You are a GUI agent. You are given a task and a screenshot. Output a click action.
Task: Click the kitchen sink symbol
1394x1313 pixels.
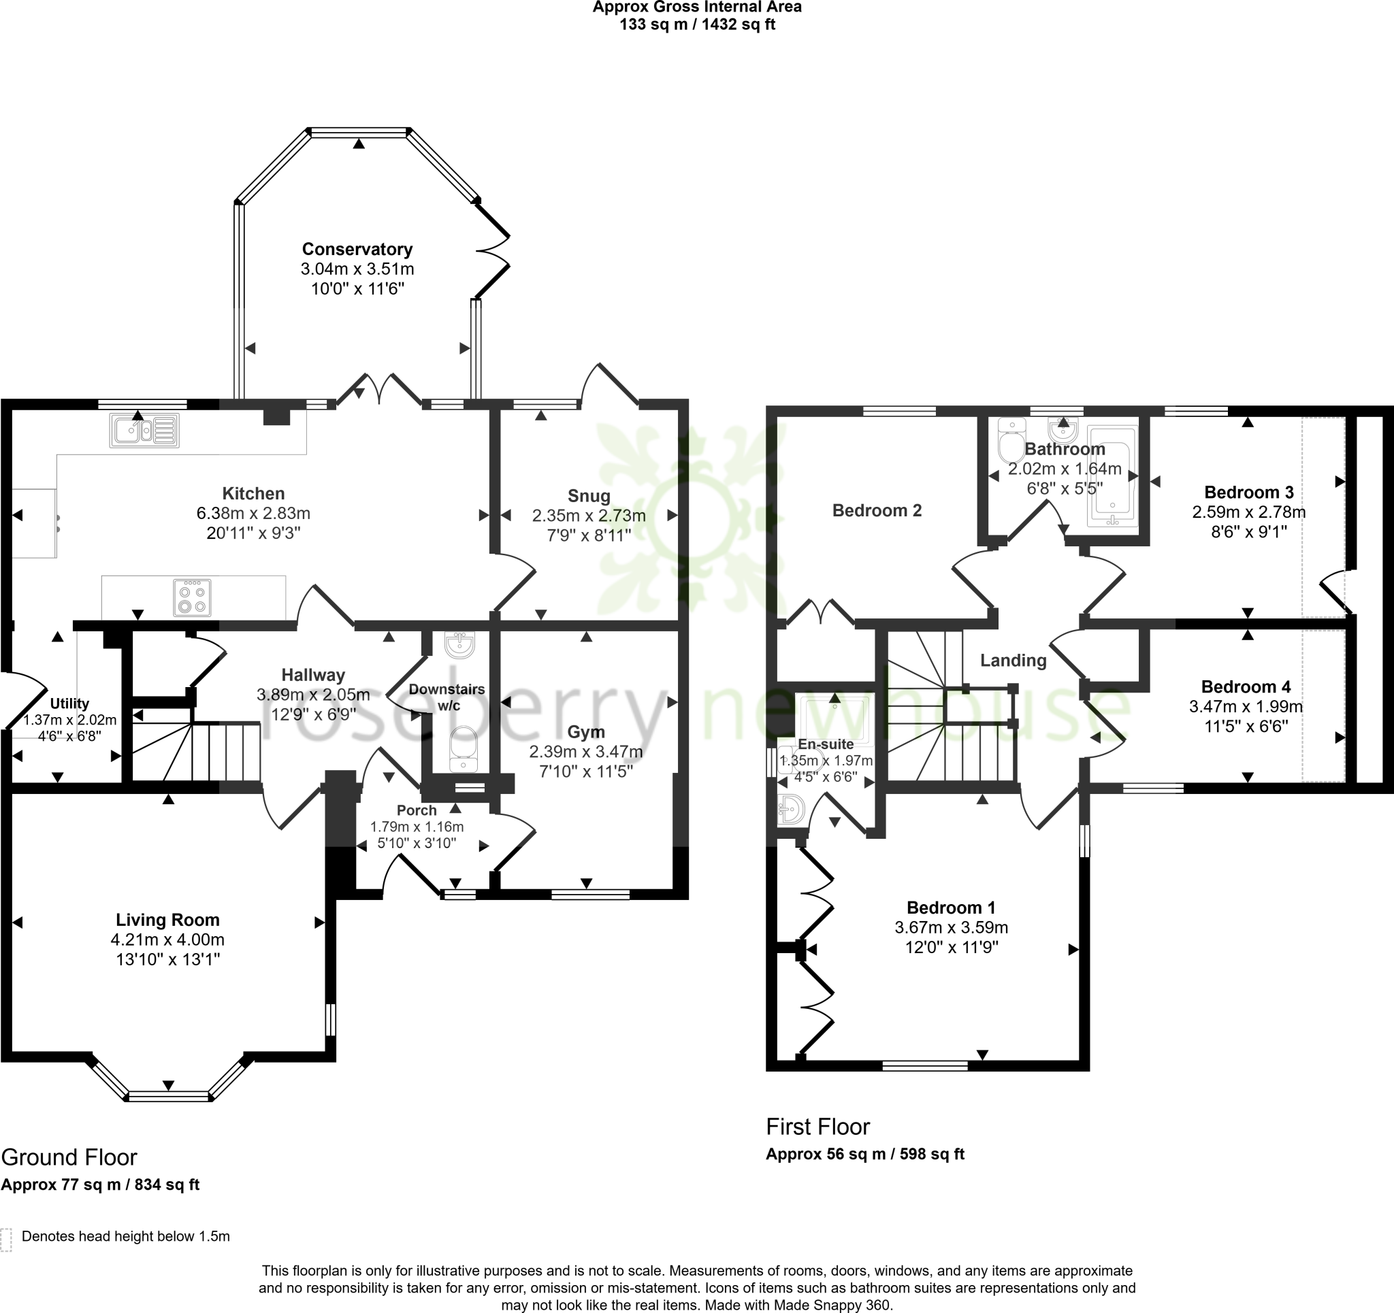(x=144, y=431)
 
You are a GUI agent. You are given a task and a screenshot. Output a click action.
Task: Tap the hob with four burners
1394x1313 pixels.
(x=192, y=597)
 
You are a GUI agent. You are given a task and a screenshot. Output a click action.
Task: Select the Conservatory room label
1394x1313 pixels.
(x=357, y=249)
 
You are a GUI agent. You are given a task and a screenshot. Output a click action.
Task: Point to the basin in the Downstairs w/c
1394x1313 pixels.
(x=460, y=645)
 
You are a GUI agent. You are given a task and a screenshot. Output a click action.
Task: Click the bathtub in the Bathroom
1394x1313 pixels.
(x=1112, y=476)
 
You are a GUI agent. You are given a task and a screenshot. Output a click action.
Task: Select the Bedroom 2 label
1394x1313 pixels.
(x=877, y=510)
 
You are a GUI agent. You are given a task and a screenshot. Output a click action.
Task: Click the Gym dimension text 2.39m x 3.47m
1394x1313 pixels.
(x=585, y=752)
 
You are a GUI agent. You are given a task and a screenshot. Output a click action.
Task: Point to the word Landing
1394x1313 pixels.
(x=1013, y=660)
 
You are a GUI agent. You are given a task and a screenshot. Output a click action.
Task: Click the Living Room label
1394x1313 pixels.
(x=167, y=920)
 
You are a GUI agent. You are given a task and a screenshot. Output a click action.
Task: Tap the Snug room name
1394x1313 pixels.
(x=588, y=496)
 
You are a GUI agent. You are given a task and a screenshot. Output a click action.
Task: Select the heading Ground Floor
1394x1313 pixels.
(x=69, y=1157)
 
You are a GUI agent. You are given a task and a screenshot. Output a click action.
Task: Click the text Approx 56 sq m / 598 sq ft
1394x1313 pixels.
(x=864, y=1154)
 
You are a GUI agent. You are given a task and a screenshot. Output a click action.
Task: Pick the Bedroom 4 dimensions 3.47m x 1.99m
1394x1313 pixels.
(x=1246, y=706)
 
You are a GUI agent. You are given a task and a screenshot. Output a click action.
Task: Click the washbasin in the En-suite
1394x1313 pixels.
(x=792, y=810)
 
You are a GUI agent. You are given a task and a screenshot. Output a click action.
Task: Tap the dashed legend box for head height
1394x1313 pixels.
(x=6, y=1240)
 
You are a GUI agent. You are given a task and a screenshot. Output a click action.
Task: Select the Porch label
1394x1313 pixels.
(x=417, y=810)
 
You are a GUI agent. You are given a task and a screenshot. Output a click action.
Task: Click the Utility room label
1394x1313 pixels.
(x=69, y=703)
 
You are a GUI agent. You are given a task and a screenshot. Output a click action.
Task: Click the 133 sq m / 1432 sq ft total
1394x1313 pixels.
(x=697, y=25)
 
